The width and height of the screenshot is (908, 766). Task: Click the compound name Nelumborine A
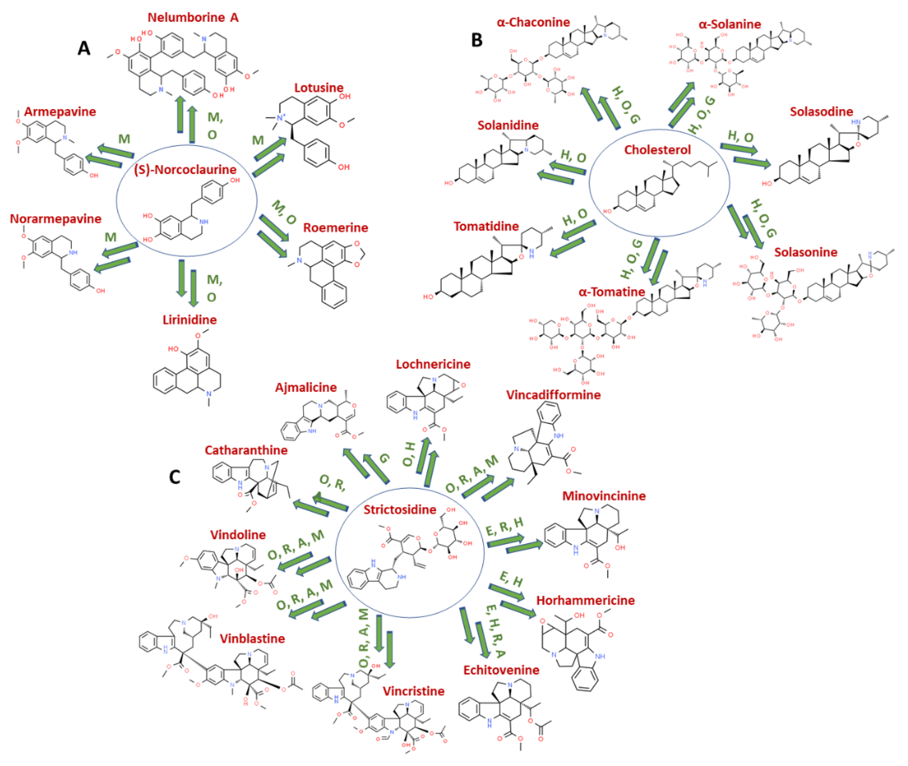(193, 17)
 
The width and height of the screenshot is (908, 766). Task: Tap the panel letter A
(84, 48)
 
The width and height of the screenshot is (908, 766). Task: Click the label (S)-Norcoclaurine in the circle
(185, 169)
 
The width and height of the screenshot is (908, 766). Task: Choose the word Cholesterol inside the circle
(657, 150)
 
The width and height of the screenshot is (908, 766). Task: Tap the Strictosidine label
(400, 509)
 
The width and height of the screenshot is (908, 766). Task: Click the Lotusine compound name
(319, 88)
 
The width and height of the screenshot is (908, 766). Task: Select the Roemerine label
(335, 228)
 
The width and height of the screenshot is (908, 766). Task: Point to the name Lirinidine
(189, 320)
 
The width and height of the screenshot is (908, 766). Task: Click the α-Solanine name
(729, 24)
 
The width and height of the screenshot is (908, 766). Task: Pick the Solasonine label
(806, 252)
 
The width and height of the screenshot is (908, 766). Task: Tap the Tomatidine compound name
(486, 226)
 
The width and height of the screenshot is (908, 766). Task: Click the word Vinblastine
(252, 639)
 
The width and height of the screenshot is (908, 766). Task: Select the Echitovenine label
(501, 670)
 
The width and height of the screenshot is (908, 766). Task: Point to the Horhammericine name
(585, 601)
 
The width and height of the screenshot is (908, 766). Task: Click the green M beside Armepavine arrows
(124, 139)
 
